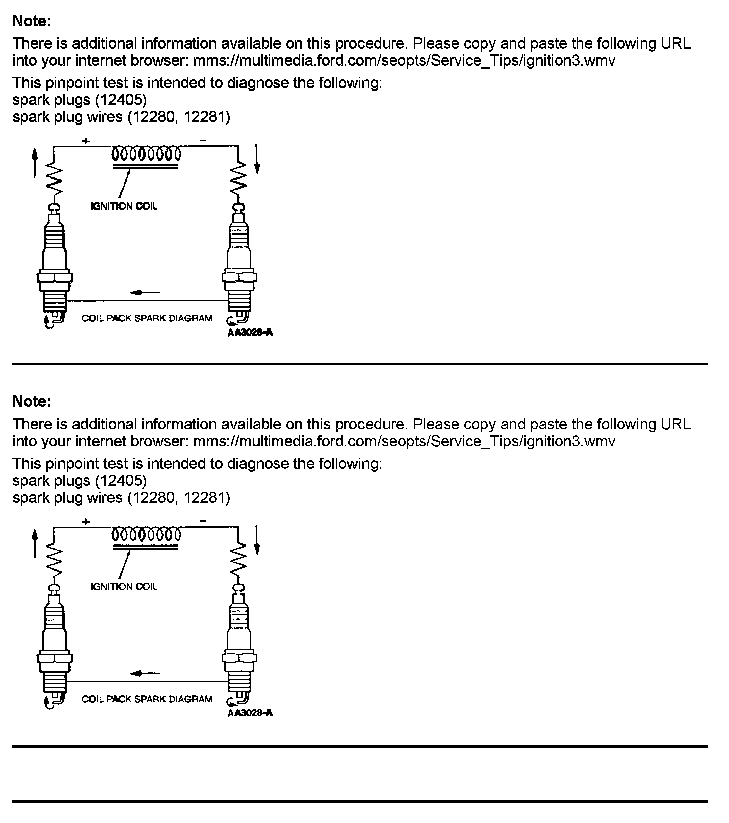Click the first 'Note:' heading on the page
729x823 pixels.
31,21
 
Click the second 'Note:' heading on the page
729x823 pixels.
31,401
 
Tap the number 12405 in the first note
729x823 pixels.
121,100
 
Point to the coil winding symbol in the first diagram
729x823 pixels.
146,153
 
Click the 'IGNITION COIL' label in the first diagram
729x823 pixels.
124,206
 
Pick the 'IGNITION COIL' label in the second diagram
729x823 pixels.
124,587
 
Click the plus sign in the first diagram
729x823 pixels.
86,141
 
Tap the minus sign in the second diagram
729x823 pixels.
203,521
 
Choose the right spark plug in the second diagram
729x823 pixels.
239,646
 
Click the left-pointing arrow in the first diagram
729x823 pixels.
145,292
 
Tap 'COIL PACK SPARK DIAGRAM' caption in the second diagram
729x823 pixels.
147,699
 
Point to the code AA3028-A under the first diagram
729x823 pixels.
250,333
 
